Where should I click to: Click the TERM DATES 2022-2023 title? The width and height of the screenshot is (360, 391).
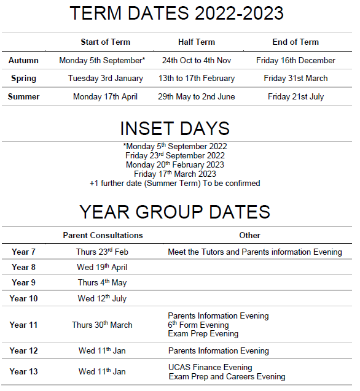click(x=176, y=13)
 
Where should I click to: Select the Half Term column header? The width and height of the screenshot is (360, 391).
click(x=197, y=42)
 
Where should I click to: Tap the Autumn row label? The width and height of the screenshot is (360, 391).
click(x=23, y=60)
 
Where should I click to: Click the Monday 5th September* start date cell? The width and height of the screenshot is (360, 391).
click(x=102, y=60)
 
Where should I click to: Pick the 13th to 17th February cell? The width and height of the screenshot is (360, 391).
click(x=197, y=78)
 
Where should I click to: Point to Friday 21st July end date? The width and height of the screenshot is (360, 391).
click(x=295, y=96)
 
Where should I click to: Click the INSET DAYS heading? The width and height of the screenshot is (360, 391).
click(x=175, y=128)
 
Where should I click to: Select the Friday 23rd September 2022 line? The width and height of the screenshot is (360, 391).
click(x=175, y=155)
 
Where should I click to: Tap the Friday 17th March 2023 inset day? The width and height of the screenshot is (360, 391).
click(x=175, y=174)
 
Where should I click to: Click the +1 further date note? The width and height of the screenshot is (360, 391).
click(x=175, y=183)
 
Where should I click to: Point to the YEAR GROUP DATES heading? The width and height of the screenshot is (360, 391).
click(x=175, y=212)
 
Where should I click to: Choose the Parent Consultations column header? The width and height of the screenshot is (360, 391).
click(x=103, y=235)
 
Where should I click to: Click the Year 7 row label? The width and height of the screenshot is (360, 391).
click(x=23, y=252)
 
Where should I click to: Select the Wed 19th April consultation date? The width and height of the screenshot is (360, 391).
click(x=103, y=268)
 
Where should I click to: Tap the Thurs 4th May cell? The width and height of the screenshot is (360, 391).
click(x=103, y=282)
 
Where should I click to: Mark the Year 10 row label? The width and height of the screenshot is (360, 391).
click(x=23, y=298)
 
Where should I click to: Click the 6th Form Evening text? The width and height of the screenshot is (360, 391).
click(x=198, y=325)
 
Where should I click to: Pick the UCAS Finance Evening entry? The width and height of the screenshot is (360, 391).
click(x=210, y=367)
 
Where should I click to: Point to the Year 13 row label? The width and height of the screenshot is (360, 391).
click(x=23, y=371)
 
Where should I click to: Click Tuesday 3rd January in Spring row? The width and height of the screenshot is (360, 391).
click(x=106, y=78)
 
